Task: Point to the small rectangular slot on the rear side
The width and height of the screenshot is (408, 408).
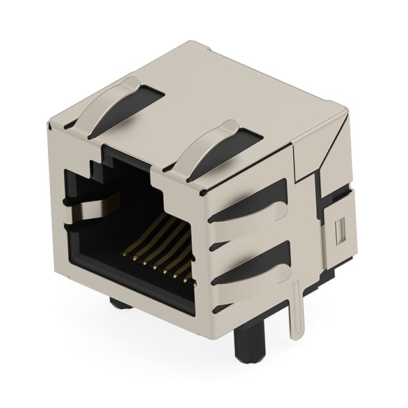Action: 339,228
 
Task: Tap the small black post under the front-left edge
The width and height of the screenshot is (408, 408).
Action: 121,302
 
